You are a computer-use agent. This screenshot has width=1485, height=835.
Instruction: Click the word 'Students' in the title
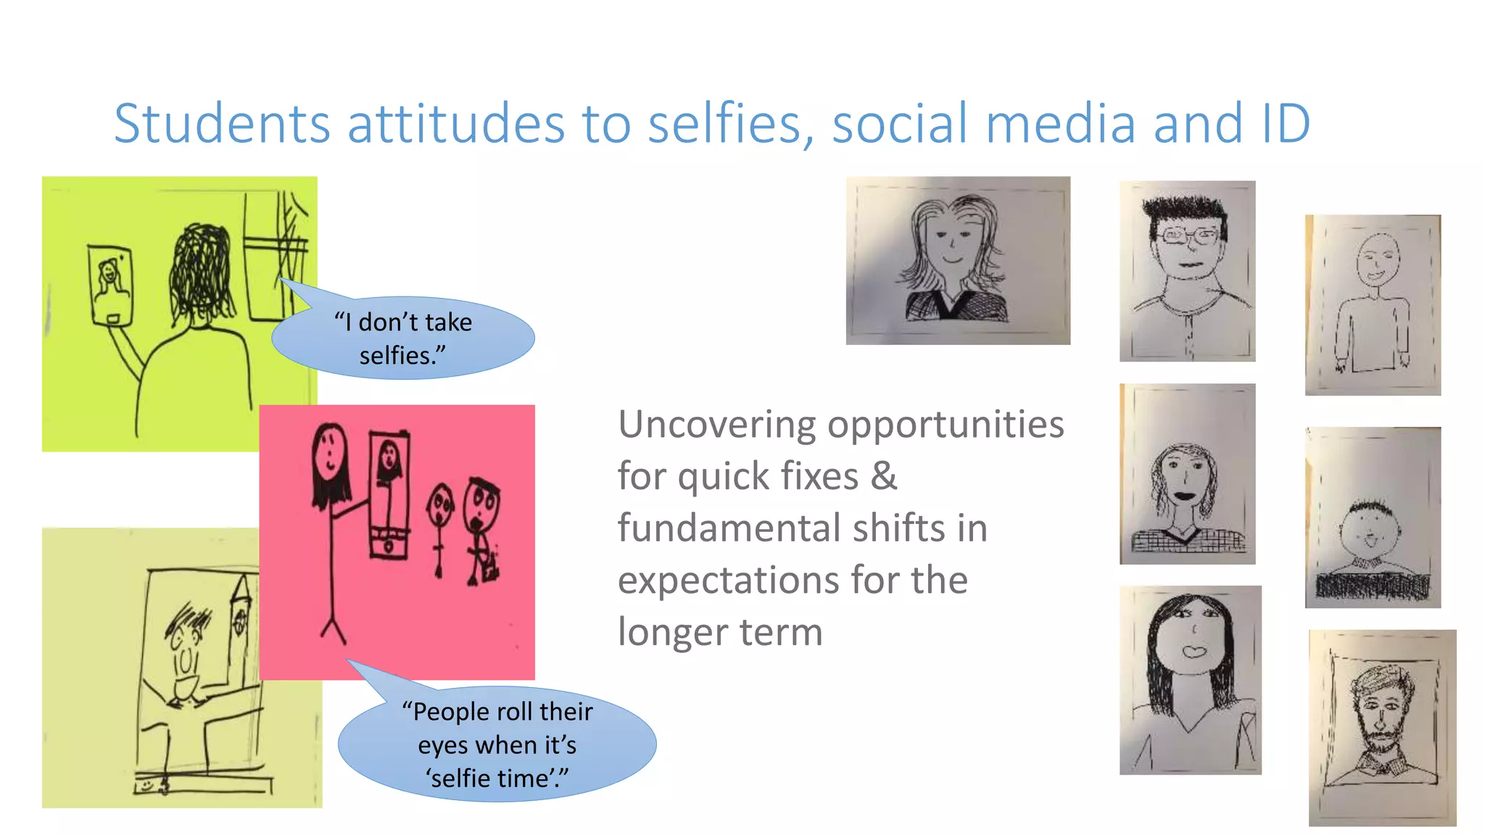tap(222, 124)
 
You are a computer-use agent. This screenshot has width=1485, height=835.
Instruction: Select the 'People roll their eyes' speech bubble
tap(497, 744)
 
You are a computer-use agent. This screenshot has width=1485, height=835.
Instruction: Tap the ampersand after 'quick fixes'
tap(883, 477)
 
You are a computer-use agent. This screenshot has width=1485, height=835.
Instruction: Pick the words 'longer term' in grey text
tap(720, 632)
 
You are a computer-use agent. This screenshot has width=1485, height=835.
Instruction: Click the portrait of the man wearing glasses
tap(1187, 270)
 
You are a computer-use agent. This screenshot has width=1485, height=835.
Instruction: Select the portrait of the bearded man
tap(1381, 727)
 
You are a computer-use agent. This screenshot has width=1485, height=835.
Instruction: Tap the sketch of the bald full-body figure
tap(1373, 304)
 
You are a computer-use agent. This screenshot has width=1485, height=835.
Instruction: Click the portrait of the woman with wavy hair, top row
tap(957, 260)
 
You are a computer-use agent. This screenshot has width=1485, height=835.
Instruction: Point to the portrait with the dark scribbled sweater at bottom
tap(1373, 517)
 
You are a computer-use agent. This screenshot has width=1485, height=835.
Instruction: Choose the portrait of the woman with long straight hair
tap(1190, 680)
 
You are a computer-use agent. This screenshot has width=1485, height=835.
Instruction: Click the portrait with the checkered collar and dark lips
tap(1187, 474)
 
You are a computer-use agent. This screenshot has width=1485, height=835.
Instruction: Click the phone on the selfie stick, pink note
tap(389, 493)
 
